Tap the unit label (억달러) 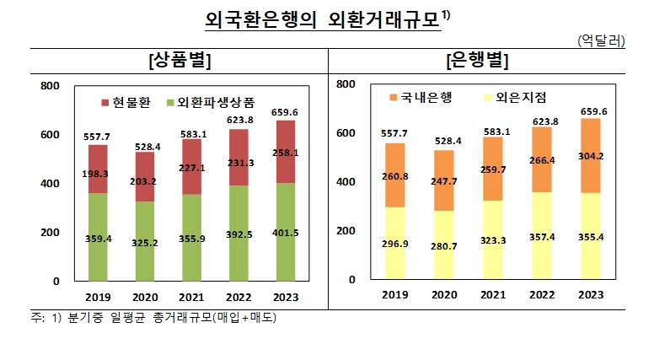601,41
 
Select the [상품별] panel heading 179,61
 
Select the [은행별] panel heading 477,61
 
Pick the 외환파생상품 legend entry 211,102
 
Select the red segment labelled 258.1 286,152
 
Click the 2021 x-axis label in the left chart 192,296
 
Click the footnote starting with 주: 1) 152,317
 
